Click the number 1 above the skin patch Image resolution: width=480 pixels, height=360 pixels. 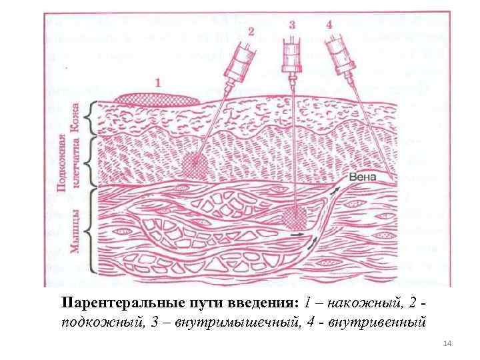click(x=158, y=83)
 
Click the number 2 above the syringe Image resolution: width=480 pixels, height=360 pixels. click(x=251, y=31)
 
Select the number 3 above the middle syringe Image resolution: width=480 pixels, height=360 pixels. click(x=292, y=25)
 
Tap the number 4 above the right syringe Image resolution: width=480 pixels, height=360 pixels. click(x=329, y=25)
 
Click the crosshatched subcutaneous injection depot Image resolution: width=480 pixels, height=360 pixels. click(x=195, y=164)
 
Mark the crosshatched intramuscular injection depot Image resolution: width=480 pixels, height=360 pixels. click(x=291, y=217)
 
